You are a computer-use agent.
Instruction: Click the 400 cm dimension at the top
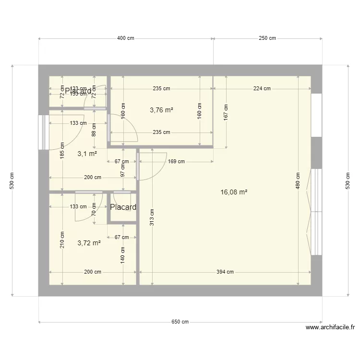pyautogui.click(x=126, y=38)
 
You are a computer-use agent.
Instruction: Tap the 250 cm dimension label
pyautogui.click(x=267, y=38)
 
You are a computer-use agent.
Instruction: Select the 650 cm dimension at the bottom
pyautogui.click(x=180, y=322)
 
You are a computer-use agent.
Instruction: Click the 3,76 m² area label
pyautogui.click(x=161, y=110)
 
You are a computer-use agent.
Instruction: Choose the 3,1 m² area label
pyautogui.click(x=87, y=154)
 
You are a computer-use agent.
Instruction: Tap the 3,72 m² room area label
pyautogui.click(x=89, y=243)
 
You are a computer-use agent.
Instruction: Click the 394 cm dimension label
pyautogui.click(x=225, y=272)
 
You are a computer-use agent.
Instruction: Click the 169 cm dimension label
pyautogui.click(x=176, y=161)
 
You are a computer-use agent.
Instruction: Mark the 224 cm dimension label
pyautogui.click(x=262, y=88)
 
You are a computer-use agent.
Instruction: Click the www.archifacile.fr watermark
pyautogui.click(x=330, y=328)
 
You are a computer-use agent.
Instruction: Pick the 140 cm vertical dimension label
pyautogui.click(x=123, y=254)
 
